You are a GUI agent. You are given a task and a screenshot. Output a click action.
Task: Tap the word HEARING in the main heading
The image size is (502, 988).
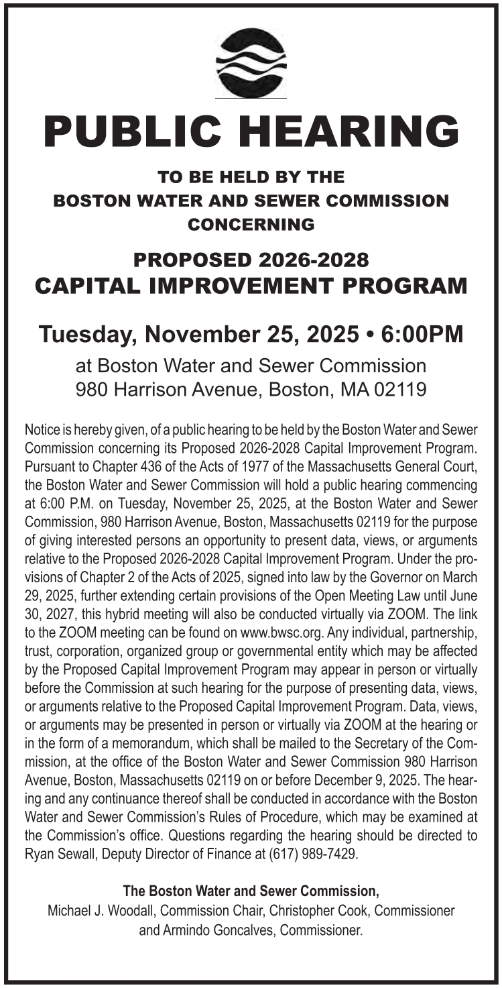(347, 132)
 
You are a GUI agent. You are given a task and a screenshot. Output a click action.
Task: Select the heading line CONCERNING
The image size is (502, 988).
(251, 225)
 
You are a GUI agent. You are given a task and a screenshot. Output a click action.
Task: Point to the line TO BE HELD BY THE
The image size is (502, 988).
(251, 178)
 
